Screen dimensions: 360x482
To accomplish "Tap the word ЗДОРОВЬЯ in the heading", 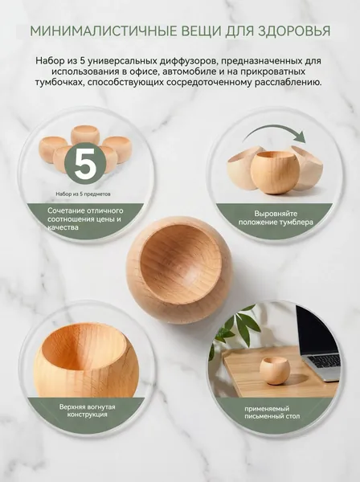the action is coord(294,31).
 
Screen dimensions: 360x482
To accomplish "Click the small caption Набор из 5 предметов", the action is coord(83,194).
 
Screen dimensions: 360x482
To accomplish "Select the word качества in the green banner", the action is coord(63,227).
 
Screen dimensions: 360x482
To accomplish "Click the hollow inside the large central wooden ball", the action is coord(181,263).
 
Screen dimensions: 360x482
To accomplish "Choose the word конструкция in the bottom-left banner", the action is coord(88,415).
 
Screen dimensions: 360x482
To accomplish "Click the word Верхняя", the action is coord(73,407).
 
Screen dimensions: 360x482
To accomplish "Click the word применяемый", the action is coord(267,409).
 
